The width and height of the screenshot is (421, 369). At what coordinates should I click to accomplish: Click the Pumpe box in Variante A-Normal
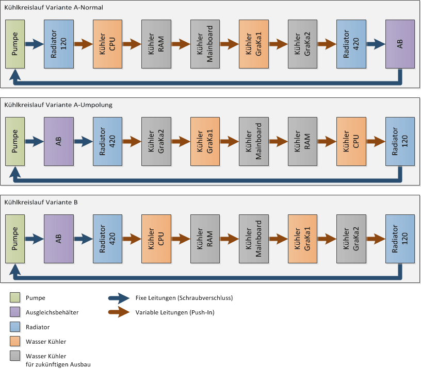tap(15, 44)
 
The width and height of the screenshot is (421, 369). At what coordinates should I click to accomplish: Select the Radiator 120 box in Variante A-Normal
tap(59, 44)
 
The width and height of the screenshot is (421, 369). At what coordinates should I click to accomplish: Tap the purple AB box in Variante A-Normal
tap(400, 44)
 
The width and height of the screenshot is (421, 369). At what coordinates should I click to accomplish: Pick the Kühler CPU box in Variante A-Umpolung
tap(351, 141)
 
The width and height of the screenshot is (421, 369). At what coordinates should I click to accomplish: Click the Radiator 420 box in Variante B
tap(107, 239)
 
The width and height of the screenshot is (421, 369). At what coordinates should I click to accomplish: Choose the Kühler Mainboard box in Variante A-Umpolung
tap(253, 141)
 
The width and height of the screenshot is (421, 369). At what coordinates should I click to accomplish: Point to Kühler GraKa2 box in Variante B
tap(351, 239)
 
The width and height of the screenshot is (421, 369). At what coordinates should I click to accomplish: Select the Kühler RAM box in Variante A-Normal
tap(156, 44)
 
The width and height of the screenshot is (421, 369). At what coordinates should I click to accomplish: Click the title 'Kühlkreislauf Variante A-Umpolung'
tap(58, 105)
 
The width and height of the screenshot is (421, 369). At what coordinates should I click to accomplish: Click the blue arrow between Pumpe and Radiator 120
tap(35, 44)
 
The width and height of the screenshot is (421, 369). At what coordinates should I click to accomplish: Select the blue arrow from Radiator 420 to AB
tap(375, 44)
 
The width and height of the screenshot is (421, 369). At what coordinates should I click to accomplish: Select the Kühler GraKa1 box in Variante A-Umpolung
tap(205, 141)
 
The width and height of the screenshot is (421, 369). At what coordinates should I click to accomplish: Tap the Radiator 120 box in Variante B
tap(400, 239)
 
